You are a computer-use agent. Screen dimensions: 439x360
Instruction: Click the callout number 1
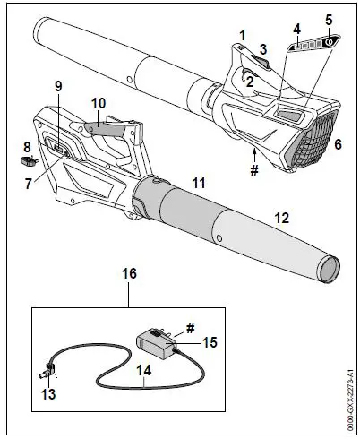pos(242,33)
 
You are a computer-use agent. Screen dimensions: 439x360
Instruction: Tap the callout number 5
pos(328,19)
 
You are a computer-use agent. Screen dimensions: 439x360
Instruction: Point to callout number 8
pos(27,144)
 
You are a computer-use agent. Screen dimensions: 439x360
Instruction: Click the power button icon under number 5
pos(328,40)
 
